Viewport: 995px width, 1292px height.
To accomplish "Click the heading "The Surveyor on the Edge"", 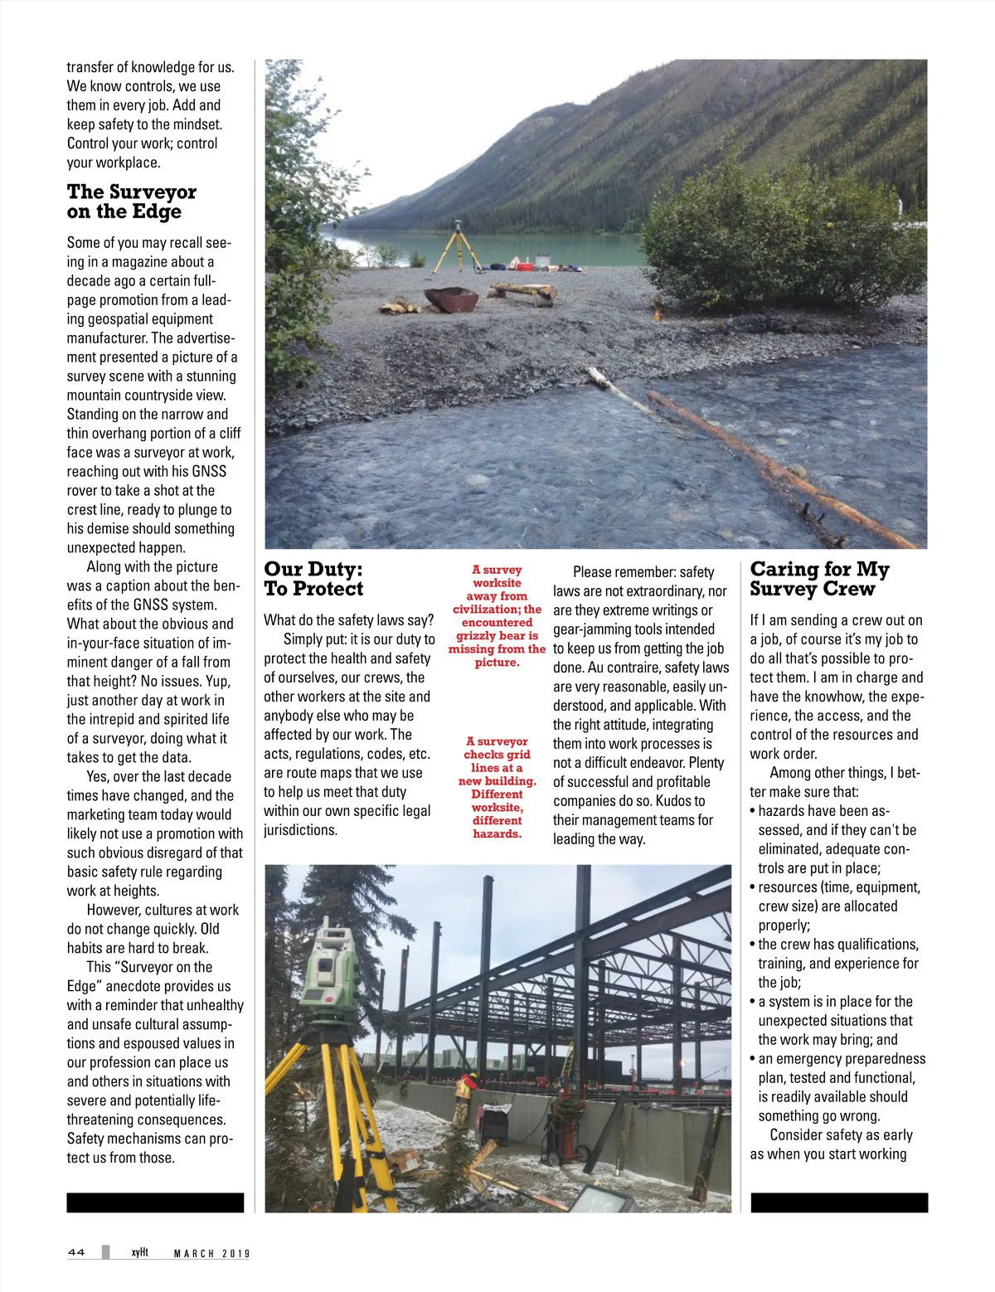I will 131,202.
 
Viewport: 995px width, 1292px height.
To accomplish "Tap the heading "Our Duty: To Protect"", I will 313,579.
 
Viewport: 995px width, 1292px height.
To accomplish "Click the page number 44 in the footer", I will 76,1252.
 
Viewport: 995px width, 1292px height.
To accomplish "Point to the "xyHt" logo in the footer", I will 139,1252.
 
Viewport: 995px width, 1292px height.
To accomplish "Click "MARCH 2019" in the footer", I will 211,1253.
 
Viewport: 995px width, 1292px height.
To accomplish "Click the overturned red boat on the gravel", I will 452,298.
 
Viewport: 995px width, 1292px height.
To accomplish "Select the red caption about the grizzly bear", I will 498,616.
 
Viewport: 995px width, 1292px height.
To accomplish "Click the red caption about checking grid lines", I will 498,787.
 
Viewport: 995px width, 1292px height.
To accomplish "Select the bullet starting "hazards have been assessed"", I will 834,839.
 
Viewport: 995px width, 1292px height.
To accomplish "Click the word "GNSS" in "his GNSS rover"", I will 209,471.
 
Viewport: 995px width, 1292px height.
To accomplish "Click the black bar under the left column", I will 155,1202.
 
